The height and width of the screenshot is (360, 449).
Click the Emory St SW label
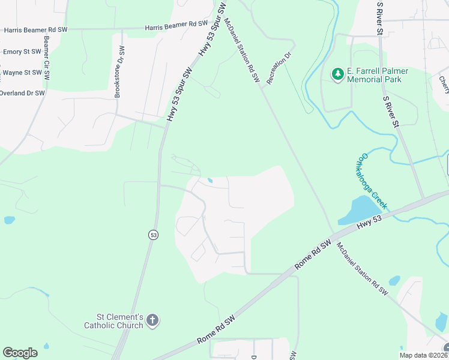(x=22, y=52)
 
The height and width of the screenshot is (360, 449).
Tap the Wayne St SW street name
(x=22, y=73)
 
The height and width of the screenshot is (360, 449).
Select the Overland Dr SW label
(x=22, y=93)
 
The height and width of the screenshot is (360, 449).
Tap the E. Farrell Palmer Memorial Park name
(x=378, y=76)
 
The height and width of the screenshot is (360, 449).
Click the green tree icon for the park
(x=338, y=74)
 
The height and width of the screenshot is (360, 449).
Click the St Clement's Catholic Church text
(x=120, y=321)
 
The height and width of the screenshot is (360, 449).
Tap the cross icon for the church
(x=152, y=320)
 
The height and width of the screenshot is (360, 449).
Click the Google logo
(x=20, y=353)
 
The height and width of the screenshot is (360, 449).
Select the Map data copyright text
(x=424, y=355)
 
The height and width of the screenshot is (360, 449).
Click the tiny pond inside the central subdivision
(x=209, y=180)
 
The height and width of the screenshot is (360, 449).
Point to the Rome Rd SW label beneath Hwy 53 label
(x=313, y=254)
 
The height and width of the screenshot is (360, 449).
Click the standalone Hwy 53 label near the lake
(x=369, y=221)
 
